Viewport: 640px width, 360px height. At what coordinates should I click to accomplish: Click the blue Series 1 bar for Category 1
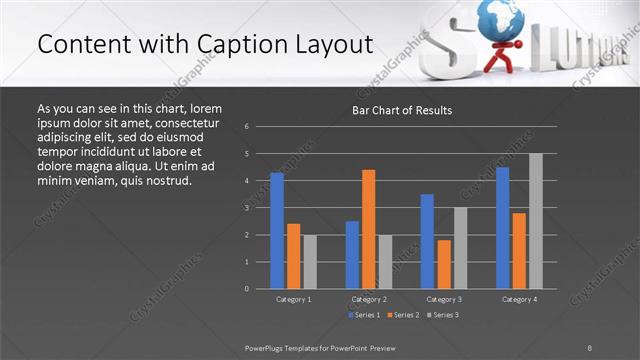(277, 230)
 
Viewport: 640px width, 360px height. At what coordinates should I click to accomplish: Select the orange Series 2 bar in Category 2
(369, 229)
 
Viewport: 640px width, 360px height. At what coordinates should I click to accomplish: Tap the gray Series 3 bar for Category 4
(536, 221)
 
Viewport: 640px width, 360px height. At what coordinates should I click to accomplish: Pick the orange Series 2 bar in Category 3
(444, 264)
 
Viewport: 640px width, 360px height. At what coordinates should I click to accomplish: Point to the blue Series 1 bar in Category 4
(503, 227)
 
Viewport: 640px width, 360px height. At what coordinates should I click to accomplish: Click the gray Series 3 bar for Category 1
(310, 261)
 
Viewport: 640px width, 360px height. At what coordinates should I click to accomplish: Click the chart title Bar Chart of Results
(402, 110)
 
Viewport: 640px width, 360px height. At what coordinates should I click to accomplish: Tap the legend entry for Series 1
(363, 315)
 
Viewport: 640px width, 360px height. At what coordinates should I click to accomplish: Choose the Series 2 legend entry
(402, 315)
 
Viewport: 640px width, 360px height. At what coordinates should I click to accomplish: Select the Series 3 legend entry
(442, 315)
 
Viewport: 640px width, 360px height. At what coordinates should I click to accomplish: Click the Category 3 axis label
(444, 299)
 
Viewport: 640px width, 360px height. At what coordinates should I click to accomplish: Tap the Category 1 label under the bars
(293, 299)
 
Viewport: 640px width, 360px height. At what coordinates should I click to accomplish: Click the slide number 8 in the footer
(590, 346)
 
